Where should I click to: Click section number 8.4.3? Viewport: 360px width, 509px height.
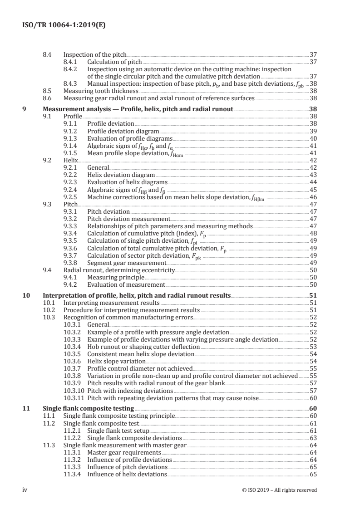[72, 84]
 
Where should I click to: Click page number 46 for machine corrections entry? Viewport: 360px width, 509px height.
[313, 197]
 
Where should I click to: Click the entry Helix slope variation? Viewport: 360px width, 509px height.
[116, 361]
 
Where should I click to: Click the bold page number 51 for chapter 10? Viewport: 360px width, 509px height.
[313, 295]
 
